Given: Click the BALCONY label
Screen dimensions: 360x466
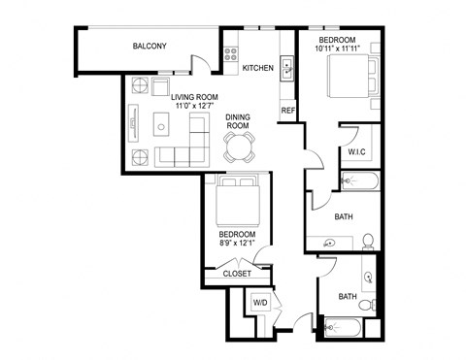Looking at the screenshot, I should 150,46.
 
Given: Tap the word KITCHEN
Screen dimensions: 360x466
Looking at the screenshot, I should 258,68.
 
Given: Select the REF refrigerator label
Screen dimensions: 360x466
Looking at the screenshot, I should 287,111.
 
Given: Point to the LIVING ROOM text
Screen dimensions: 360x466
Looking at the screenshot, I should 194,97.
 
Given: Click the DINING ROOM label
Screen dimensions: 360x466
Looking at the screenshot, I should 238,121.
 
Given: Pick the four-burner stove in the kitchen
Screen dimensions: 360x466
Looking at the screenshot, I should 233,54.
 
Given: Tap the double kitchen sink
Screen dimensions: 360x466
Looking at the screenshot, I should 287,69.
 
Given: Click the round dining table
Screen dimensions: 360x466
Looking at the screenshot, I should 239,147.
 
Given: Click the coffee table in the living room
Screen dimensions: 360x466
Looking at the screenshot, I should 163,126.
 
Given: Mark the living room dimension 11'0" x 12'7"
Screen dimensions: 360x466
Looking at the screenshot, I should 194,108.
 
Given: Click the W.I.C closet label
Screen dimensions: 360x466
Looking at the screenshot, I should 355,153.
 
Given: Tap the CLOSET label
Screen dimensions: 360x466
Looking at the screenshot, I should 237,274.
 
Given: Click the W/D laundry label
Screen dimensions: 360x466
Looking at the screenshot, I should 260,303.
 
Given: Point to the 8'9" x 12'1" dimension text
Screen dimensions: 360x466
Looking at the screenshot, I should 237,245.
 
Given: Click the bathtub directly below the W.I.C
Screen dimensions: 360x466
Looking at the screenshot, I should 364,181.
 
